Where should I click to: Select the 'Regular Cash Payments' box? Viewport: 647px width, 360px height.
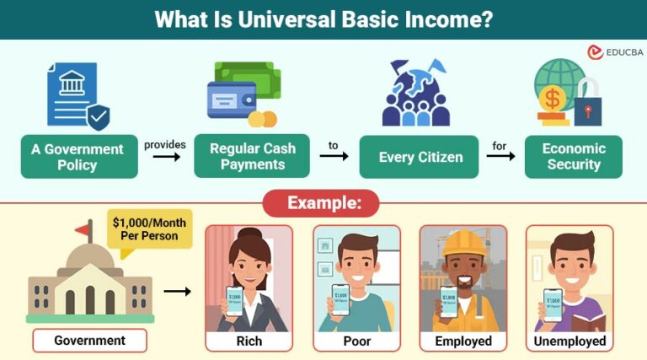pos(252,156)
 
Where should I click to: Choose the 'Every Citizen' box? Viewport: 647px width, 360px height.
pos(419,157)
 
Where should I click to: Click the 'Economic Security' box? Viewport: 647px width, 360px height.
pos(574,156)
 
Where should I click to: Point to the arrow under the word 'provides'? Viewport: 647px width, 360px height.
pos(164,158)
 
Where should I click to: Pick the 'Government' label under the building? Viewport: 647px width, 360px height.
pos(89,341)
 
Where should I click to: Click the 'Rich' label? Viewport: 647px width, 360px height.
pos(249,341)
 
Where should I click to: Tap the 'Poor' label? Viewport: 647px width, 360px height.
pos(356,341)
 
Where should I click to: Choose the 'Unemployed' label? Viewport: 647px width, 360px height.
pos(569,341)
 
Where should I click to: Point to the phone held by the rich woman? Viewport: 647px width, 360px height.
pos(235,300)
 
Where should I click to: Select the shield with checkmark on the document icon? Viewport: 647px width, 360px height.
pos(99,117)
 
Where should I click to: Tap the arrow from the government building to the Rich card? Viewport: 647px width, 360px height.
pos(177,292)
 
